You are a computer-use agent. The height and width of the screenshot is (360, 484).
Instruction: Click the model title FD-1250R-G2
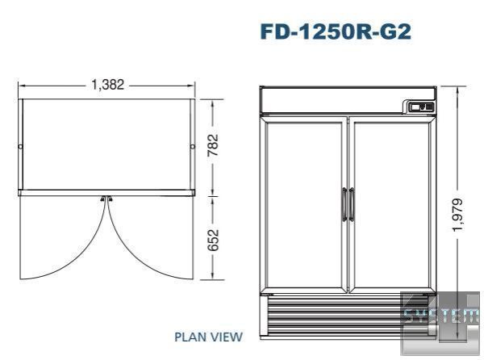pos(336,31)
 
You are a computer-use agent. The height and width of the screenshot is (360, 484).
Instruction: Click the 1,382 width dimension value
pos(108,85)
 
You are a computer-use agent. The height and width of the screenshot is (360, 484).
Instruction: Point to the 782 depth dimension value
pos(213,144)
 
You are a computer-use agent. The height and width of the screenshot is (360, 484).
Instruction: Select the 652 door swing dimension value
pos(213,240)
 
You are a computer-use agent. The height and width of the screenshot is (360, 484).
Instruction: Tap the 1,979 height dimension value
pos(457,215)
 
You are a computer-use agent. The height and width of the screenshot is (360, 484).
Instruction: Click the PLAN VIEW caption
pos(208,337)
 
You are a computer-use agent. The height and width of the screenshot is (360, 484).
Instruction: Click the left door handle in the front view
pos(344,204)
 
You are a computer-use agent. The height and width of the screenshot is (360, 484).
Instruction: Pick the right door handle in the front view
pos(352,204)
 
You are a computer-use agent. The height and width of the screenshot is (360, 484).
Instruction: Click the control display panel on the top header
pos(422,107)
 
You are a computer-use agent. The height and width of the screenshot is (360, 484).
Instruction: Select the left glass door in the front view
pos(304,205)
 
